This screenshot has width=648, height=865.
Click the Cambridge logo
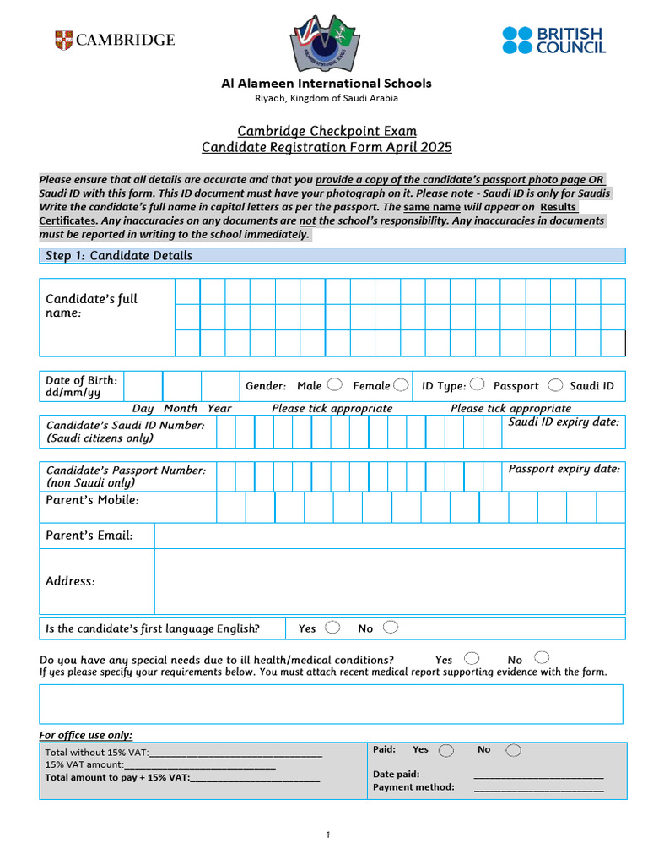pos(115,40)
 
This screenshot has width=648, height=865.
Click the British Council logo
pos(553,40)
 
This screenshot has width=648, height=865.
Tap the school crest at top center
pos(325,42)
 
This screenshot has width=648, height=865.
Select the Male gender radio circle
pos(334,385)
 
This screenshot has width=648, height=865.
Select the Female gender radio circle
pos(401,385)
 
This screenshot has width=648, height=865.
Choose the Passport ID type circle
pos(477,385)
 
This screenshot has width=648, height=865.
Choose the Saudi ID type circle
pos(555,385)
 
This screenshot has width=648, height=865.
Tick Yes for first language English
pos(332,628)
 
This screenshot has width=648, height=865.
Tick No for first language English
pos(390,628)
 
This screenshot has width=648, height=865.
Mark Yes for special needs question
pos(472,658)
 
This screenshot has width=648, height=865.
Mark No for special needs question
pos(542,658)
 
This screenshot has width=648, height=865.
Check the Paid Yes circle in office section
pos(445,750)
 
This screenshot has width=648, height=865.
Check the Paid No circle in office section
pos(513,750)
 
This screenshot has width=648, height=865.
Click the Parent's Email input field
pos(389,536)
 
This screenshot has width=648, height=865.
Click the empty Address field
pos(389,581)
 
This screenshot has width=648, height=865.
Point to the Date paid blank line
pos(538,775)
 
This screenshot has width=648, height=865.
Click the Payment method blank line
pos(538,788)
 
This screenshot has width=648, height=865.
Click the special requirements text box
pos(331,704)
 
